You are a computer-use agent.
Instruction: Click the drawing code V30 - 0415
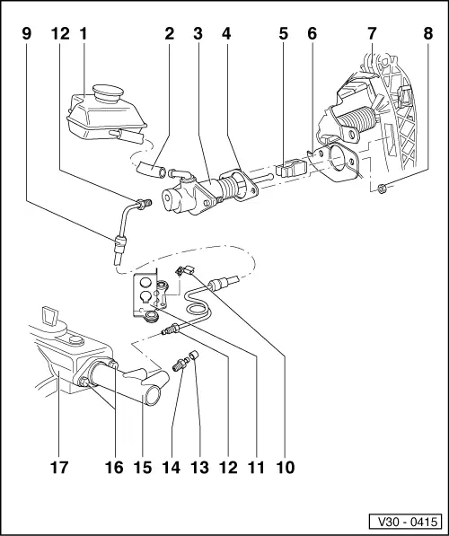pos(407,521)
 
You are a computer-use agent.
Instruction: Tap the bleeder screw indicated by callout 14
pos(181,367)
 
